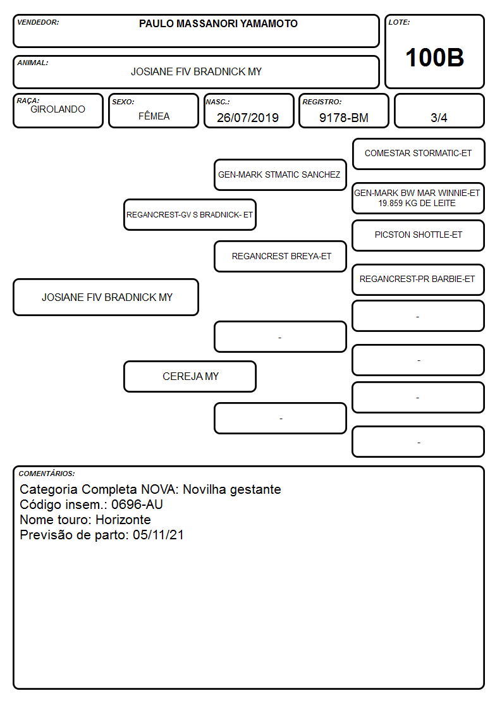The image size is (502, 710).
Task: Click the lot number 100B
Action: point(434,58)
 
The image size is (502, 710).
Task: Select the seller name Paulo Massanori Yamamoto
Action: point(218,23)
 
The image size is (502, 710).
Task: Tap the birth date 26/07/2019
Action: point(248,118)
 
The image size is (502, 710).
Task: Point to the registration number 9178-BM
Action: point(343,118)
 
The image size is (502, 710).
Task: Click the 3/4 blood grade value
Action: point(439,118)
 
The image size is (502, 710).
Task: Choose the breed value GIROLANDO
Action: point(58,109)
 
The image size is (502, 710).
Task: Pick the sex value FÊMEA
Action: point(154,116)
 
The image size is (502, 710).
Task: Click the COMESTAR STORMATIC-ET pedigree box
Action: point(419,154)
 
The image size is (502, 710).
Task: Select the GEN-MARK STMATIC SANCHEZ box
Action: point(280,174)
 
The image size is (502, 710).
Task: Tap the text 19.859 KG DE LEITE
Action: point(417,204)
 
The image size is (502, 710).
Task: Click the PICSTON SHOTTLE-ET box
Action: point(419,235)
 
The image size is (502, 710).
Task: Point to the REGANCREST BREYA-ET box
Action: point(280,256)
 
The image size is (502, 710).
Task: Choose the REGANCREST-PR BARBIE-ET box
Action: point(419,280)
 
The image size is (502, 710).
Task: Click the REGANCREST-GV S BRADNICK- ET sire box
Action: point(190,214)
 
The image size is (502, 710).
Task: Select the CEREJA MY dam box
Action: point(190,376)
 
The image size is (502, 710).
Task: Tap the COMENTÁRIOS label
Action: point(47,474)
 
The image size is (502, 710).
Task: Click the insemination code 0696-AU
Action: point(137,505)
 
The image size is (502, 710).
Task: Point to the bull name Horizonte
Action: point(123,520)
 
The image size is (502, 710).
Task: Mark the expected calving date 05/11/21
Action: point(159,535)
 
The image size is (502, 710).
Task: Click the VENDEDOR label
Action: point(38,22)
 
